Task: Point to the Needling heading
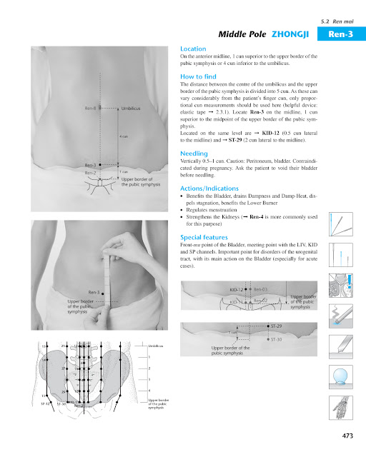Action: point(194,154)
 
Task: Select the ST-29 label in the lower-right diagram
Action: point(278,326)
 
